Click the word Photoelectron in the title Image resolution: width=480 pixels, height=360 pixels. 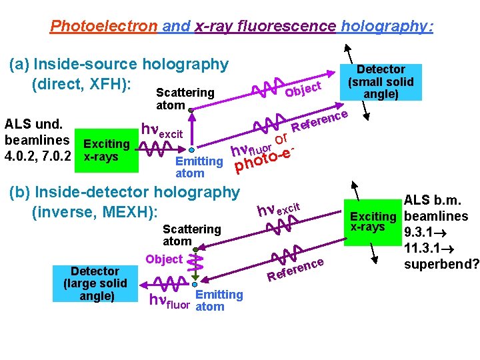point(104,27)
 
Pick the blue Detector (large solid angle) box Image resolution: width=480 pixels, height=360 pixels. point(96,283)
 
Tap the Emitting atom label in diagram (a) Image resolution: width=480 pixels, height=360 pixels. point(198,167)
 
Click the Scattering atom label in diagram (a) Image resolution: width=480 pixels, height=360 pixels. point(185,99)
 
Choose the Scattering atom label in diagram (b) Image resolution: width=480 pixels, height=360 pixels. point(192,235)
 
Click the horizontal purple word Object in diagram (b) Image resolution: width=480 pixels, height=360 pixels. point(163,259)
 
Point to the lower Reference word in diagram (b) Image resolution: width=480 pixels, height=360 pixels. point(295,269)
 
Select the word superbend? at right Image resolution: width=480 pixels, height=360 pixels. point(441,264)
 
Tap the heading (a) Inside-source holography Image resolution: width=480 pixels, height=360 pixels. point(118,65)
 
